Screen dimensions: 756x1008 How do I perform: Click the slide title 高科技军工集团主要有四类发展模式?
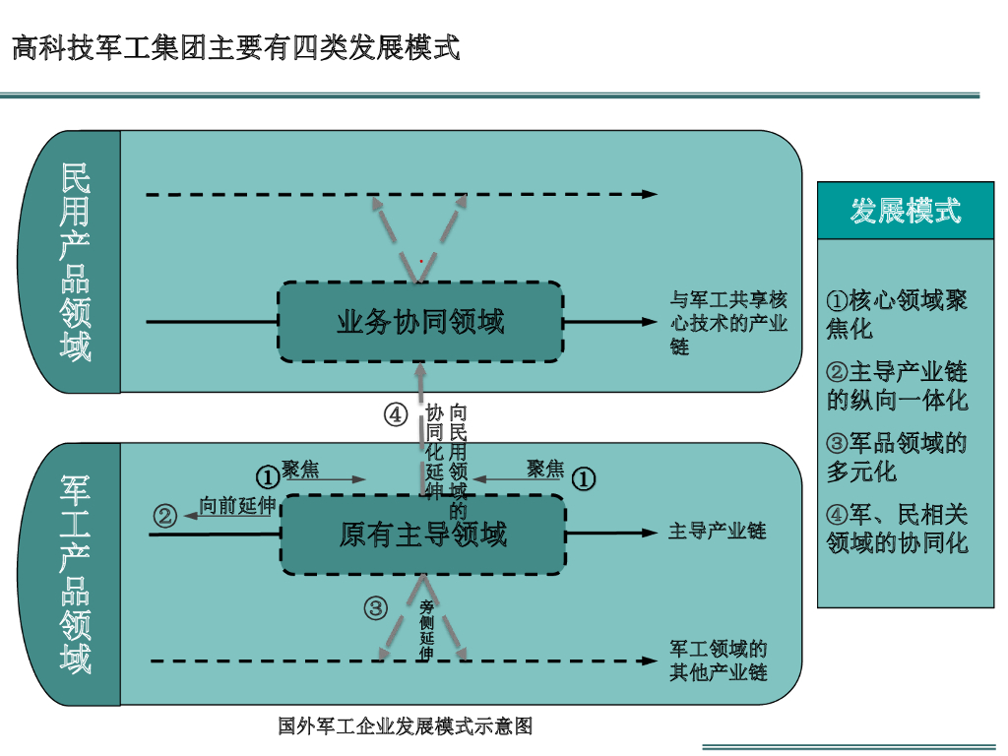click(236, 47)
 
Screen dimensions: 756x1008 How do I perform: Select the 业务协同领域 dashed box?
click(420, 322)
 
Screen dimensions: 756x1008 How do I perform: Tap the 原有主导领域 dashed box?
click(423, 535)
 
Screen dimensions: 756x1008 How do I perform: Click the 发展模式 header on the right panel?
click(906, 211)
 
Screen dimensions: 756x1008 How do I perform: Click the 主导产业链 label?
click(717, 532)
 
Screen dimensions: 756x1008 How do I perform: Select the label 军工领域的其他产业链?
click(719, 661)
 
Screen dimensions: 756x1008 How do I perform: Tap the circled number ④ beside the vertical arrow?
click(396, 414)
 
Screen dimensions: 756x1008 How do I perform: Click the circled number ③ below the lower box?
click(376, 608)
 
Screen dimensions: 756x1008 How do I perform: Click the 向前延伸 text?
click(236, 506)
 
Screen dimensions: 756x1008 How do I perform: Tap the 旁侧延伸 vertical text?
click(426, 630)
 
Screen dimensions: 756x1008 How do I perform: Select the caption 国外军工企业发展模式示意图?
click(405, 726)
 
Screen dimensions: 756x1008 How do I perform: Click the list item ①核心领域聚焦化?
click(897, 314)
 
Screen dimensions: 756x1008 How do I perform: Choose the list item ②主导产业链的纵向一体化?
click(897, 386)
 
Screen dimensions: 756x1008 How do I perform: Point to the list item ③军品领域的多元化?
click(897, 457)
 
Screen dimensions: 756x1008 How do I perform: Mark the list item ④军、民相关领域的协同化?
click(897, 528)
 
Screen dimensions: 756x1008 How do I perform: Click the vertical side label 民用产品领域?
click(76, 262)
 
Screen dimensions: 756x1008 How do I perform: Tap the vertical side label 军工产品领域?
click(76, 574)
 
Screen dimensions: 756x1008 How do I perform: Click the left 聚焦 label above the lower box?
click(300, 470)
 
